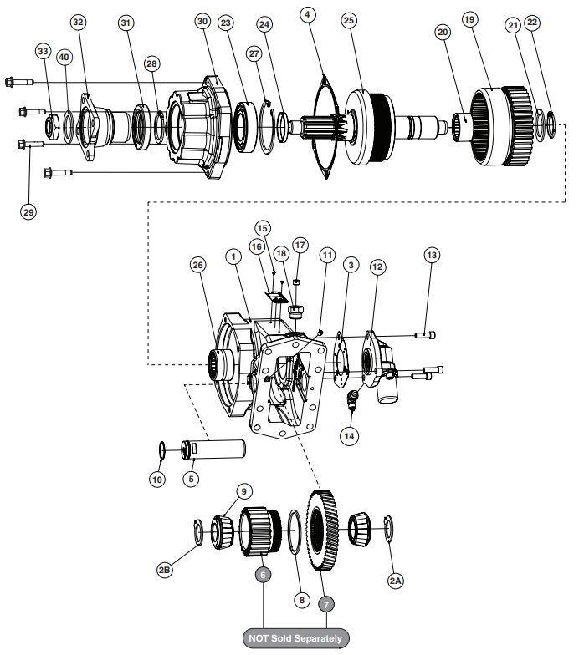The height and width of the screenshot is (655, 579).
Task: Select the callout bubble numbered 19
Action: (469, 19)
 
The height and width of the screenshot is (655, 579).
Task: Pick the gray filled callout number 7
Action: (327, 602)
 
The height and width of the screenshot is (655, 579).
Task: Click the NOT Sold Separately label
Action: (295, 638)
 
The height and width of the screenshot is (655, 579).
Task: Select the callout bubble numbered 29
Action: (28, 212)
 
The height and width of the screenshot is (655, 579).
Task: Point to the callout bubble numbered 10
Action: (156, 480)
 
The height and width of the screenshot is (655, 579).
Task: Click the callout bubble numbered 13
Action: (431, 254)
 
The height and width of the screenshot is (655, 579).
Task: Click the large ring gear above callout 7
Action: (320, 531)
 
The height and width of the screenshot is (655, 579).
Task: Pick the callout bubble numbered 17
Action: (300, 245)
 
